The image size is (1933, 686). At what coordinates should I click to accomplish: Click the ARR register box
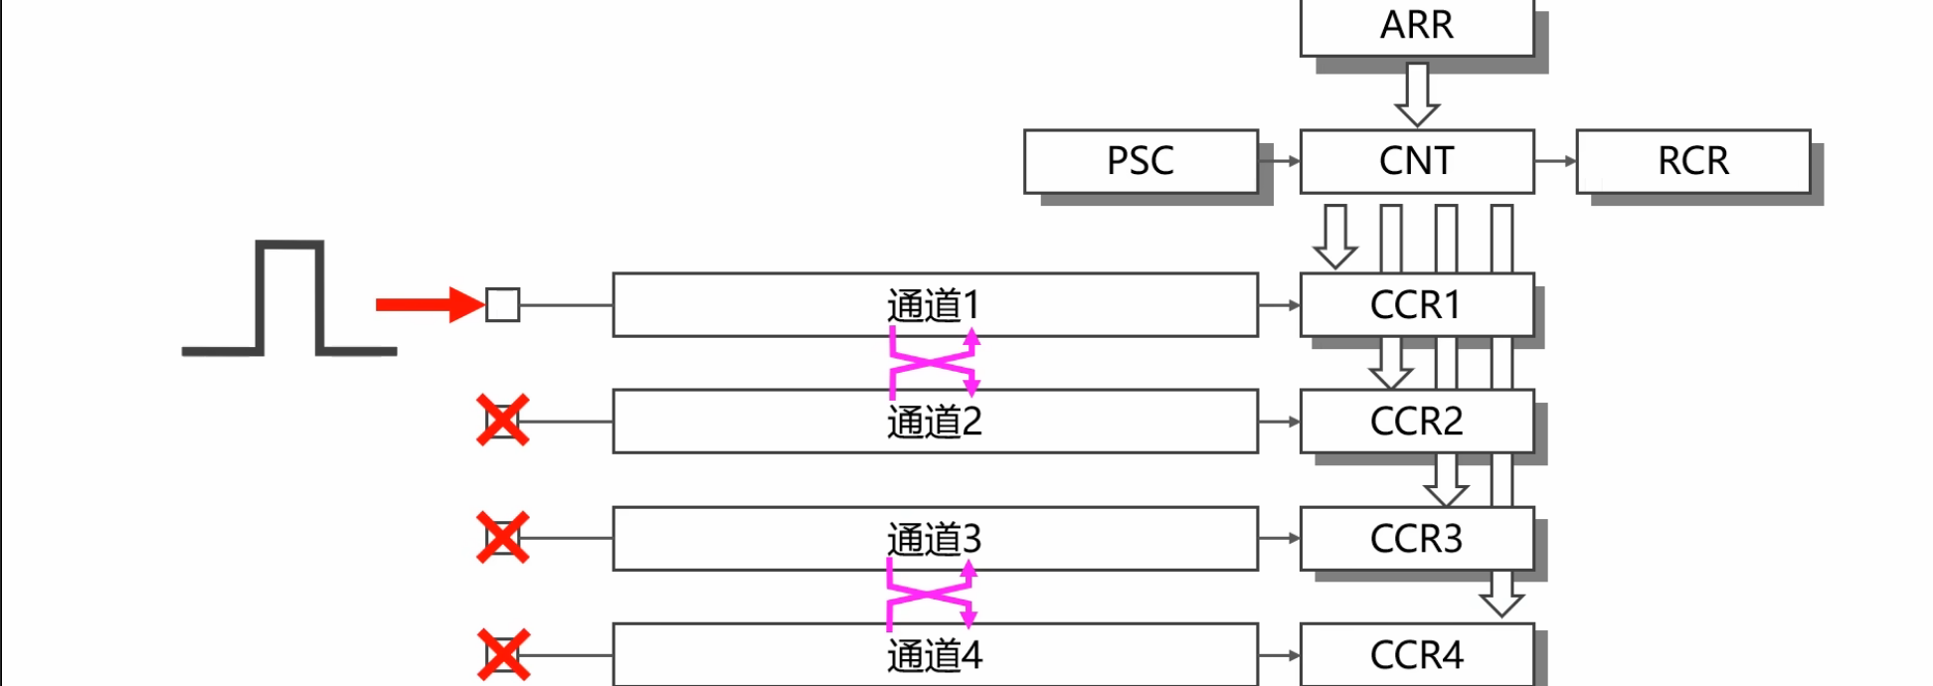click(x=1417, y=26)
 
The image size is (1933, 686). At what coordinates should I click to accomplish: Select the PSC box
click(x=1141, y=161)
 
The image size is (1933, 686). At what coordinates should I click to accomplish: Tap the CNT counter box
click(x=1417, y=161)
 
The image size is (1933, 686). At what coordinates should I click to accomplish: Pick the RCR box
click(x=1692, y=161)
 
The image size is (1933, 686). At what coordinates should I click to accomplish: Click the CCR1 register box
click(x=1417, y=305)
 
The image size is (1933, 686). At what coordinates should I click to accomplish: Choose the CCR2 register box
click(x=1417, y=422)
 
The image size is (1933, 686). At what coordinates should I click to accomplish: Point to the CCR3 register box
click(x=1417, y=539)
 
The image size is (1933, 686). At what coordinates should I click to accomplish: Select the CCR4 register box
click(x=1417, y=655)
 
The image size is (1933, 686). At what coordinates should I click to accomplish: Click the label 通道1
click(x=934, y=305)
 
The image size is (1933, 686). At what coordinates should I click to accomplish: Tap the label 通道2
click(x=934, y=422)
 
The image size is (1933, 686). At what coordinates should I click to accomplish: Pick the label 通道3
click(x=934, y=539)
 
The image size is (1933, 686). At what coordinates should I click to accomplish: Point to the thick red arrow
click(x=428, y=304)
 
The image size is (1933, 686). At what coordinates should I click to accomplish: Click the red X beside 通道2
click(x=502, y=421)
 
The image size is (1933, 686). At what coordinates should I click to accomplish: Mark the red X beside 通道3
click(x=502, y=538)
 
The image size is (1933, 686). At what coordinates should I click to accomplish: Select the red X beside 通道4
click(x=502, y=655)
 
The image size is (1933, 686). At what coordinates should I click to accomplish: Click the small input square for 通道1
click(x=502, y=304)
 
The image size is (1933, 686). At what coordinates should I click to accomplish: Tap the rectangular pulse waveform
click(x=289, y=297)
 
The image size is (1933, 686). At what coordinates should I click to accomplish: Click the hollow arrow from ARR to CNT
click(x=1417, y=94)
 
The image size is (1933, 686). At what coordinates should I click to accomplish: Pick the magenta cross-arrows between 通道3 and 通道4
click(x=931, y=595)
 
